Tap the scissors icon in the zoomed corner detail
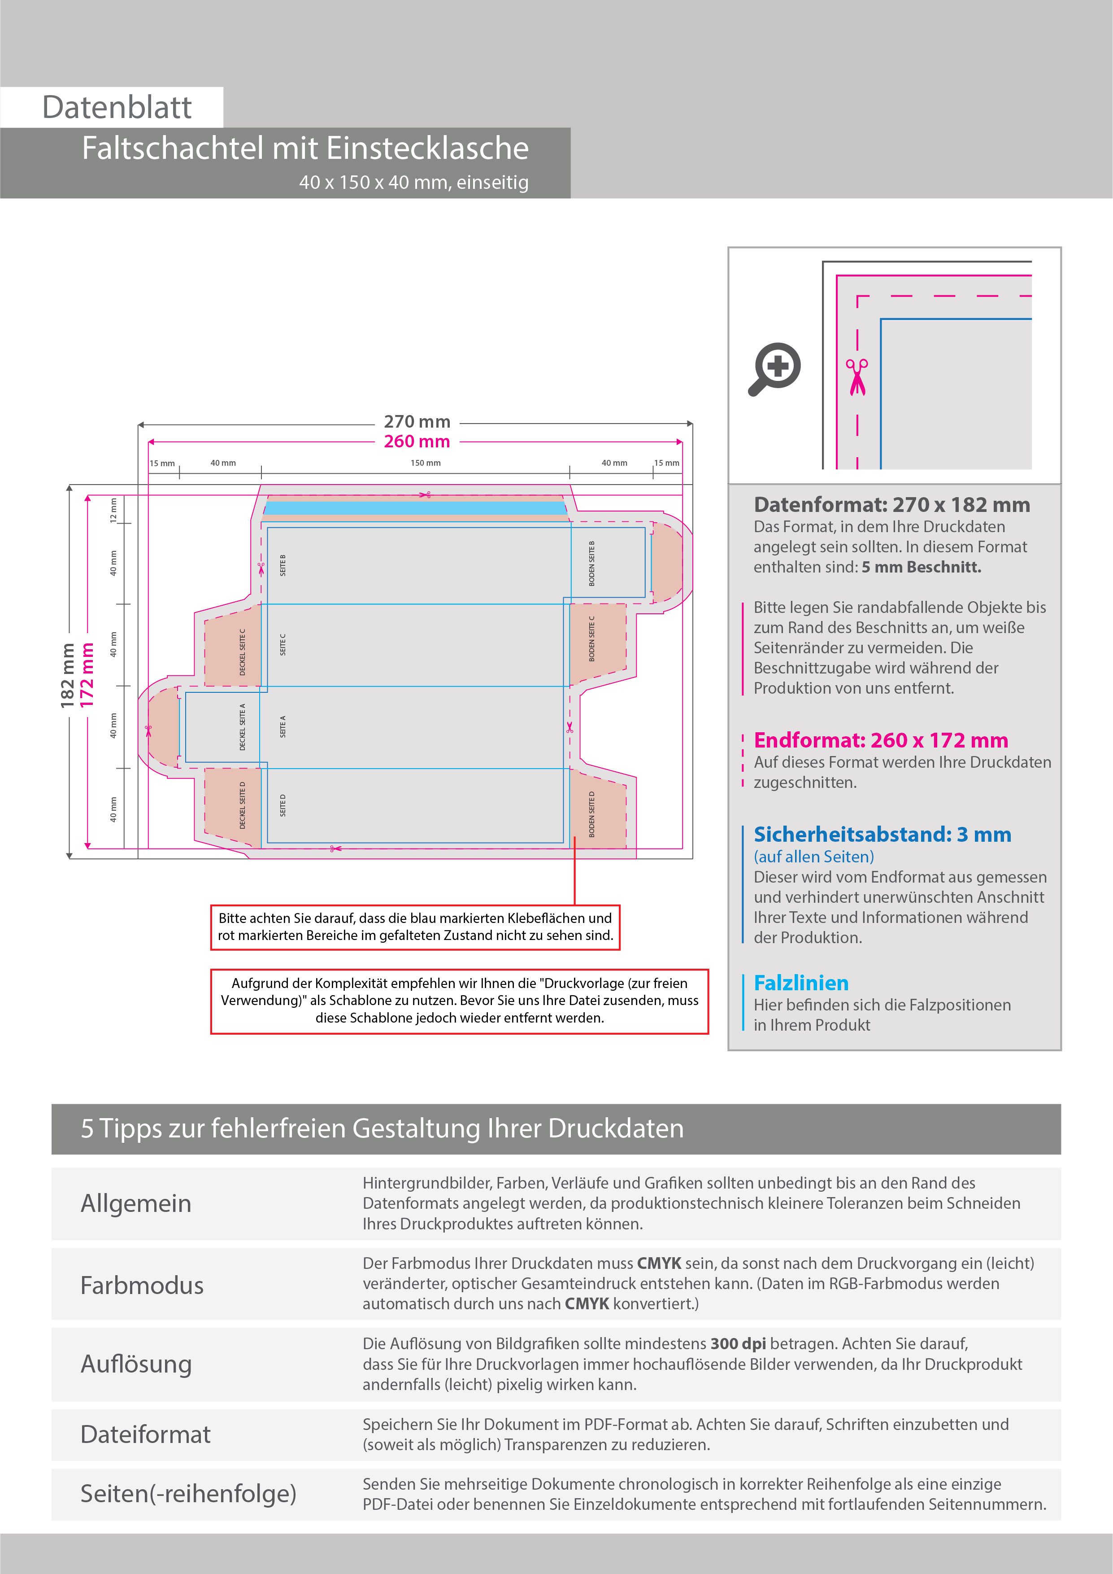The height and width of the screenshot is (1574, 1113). (x=856, y=376)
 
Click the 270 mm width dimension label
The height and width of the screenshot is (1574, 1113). (x=417, y=422)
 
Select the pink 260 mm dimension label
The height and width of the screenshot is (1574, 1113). (x=417, y=442)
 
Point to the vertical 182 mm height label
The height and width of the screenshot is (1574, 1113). (x=67, y=675)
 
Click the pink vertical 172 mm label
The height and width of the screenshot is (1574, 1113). (x=87, y=675)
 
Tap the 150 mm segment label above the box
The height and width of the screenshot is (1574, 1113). (x=426, y=463)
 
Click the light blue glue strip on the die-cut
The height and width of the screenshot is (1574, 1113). (x=415, y=508)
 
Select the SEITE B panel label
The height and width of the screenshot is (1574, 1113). (x=283, y=565)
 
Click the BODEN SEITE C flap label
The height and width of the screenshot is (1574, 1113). (x=592, y=638)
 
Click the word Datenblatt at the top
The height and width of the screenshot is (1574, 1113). (x=117, y=108)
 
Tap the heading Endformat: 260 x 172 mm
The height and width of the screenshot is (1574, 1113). (x=881, y=740)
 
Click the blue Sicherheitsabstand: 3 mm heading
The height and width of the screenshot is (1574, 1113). (x=882, y=834)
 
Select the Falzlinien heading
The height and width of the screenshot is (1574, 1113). (x=801, y=983)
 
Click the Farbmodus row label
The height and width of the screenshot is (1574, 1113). (x=142, y=1285)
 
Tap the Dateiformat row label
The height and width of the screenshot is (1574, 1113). (x=145, y=1434)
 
